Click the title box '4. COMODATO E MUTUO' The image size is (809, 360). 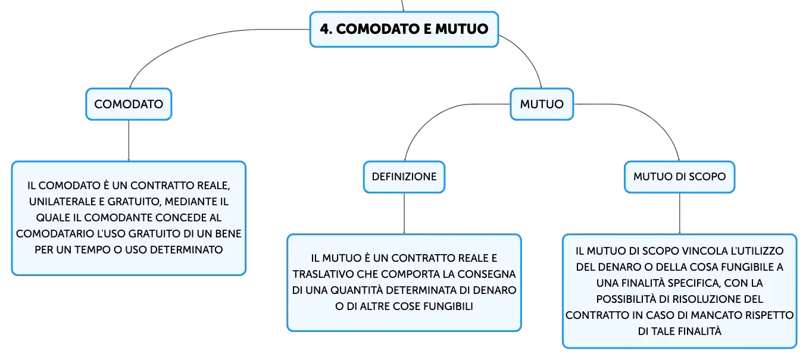[x=404, y=29]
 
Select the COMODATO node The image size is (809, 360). [x=129, y=104]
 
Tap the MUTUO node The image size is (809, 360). [x=542, y=104]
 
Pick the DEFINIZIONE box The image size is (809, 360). [x=404, y=177]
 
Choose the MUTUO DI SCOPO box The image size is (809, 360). [x=679, y=177]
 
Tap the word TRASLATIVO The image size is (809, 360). [x=323, y=274]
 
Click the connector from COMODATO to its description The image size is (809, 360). [x=129, y=140]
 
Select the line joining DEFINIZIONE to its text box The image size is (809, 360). [x=404, y=214]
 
